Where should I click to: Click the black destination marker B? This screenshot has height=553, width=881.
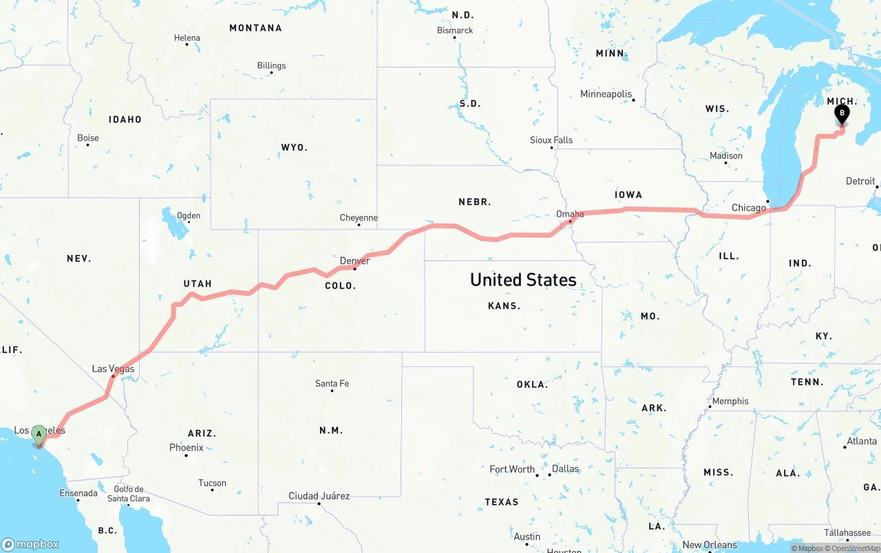coord(841,114)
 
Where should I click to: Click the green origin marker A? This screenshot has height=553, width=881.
coord(39,434)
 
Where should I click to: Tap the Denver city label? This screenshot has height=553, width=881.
coord(354,261)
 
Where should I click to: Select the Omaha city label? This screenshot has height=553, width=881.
coord(570,214)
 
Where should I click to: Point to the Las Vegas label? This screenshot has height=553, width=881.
coord(114,369)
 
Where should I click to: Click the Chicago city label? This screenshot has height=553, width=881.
coord(749,208)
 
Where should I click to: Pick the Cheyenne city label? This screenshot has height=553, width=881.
coord(359,218)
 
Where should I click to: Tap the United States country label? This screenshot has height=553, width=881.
coord(523,280)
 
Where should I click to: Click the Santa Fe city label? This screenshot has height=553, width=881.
coord(332,384)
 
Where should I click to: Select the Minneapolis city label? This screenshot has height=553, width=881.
coord(606,94)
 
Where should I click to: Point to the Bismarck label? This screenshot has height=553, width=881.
coord(455,30)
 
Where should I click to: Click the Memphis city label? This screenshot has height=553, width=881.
coord(730,401)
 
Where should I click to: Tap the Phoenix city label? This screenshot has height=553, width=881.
coord(187,448)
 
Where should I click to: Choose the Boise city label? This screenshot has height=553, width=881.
coord(88,138)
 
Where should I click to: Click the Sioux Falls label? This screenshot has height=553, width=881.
coord(551,140)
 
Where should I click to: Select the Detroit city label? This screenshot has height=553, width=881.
coord(860,181)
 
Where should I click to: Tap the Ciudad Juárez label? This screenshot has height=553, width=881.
coord(319,496)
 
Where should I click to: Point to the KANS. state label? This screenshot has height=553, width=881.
coord(504,306)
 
